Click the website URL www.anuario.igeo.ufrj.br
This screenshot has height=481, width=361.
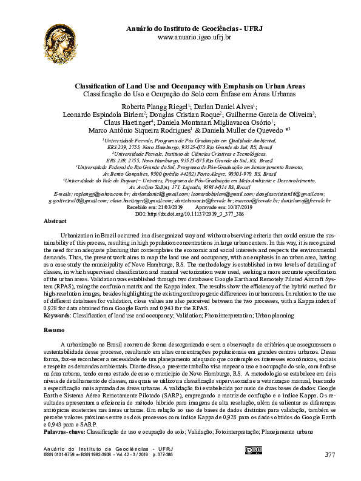[194, 38]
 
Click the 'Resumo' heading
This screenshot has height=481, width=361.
[55, 330]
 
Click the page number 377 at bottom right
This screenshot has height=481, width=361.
[329, 454]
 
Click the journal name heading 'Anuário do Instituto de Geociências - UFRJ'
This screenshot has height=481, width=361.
[194, 28]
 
